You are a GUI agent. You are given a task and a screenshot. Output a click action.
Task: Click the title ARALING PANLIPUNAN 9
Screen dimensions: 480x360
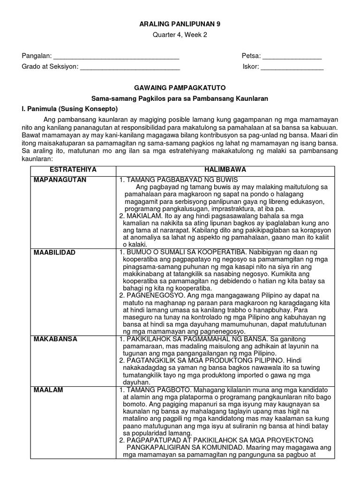click(180, 24)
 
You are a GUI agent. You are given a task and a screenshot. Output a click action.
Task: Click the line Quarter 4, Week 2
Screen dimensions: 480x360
click(180, 37)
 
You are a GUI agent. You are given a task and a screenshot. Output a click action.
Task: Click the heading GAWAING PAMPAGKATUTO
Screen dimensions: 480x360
click(180, 88)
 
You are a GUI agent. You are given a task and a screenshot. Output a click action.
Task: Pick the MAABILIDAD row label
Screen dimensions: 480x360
click(54, 253)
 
